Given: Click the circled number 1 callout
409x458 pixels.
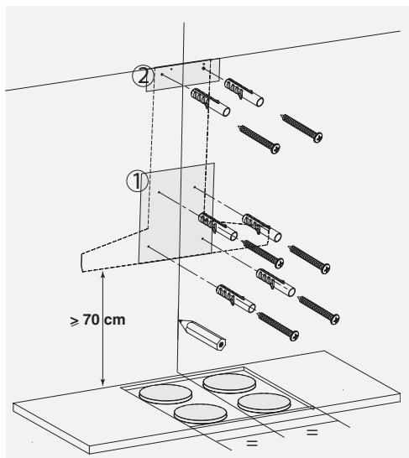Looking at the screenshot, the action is coord(137,181).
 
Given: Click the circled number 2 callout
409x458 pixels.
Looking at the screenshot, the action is coord(143,76).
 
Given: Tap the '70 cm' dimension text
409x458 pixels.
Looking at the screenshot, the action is coord(104,320).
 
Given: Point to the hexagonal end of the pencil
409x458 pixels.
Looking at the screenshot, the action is coord(221,345).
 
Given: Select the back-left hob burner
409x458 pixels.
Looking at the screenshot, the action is coord(165,393).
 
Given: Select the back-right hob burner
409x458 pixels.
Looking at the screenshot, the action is coord(229,383).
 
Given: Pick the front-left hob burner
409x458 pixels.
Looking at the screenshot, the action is coord(200,414).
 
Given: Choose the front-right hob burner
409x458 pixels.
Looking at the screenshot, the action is coord(264,403).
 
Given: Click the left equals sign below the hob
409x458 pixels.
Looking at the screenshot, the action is coord(252,443).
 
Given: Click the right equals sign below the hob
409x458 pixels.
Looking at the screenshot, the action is coord(312,432).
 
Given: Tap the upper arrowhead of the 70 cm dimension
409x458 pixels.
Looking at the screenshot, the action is coord(102,274).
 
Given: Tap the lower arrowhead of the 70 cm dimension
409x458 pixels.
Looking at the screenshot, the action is coord(102,383).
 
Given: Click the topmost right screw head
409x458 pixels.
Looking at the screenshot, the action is coord(317,137).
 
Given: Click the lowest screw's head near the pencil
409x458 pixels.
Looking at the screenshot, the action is coord(294,336).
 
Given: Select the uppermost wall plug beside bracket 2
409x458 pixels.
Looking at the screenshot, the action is coord(244,92).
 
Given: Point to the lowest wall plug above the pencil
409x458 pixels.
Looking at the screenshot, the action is coord(236,299).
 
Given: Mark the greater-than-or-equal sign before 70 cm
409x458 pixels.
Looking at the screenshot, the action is coord(75,321).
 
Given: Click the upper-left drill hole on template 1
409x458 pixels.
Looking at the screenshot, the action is coord(159,192).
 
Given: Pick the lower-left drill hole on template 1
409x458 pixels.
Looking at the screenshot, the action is coord(149,247).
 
